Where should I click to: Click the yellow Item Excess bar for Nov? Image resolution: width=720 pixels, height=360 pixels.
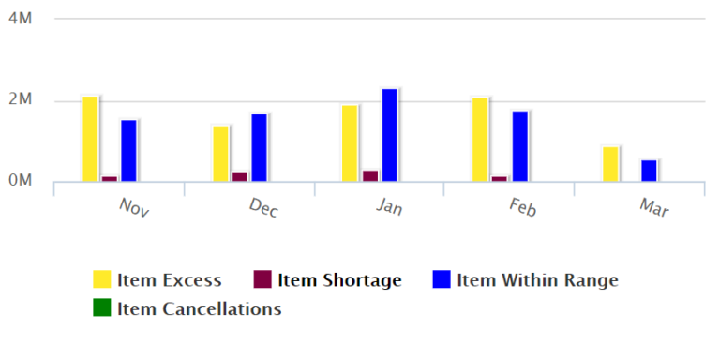pos(90,139)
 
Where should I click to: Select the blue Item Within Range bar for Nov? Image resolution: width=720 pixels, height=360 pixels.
pos(128,151)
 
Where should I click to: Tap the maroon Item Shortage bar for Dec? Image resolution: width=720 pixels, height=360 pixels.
pos(240,176)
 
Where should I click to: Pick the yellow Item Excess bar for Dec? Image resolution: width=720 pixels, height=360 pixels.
pos(220,154)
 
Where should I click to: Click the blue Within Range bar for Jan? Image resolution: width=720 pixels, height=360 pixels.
pos(389,135)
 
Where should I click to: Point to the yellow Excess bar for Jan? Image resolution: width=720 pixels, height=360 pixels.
pos(350,143)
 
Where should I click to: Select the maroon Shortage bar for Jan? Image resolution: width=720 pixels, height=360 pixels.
pos(370,175)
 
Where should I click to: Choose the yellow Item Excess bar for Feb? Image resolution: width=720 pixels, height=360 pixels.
pos(480,140)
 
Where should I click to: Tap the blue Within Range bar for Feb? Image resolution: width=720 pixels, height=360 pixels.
pos(520,146)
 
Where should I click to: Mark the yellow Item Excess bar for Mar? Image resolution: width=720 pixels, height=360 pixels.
pos(610,164)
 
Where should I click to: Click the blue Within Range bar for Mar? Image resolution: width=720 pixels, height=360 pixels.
pos(649,171)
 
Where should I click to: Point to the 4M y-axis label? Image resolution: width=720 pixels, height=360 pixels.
pos(21,19)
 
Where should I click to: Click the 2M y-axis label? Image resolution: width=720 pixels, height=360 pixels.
pos(21,100)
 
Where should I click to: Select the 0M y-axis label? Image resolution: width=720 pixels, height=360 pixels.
pos(21,181)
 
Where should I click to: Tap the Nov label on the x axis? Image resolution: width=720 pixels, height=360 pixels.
pos(134,206)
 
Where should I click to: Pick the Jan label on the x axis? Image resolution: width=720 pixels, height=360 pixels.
pos(390,206)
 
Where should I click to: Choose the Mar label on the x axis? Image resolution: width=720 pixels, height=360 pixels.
pos(653,207)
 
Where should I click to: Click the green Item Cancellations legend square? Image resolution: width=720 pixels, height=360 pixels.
pos(102,307)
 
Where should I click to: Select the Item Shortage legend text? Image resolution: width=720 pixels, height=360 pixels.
pos(339,279)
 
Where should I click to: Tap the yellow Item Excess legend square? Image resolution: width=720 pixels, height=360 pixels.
pos(102,279)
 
